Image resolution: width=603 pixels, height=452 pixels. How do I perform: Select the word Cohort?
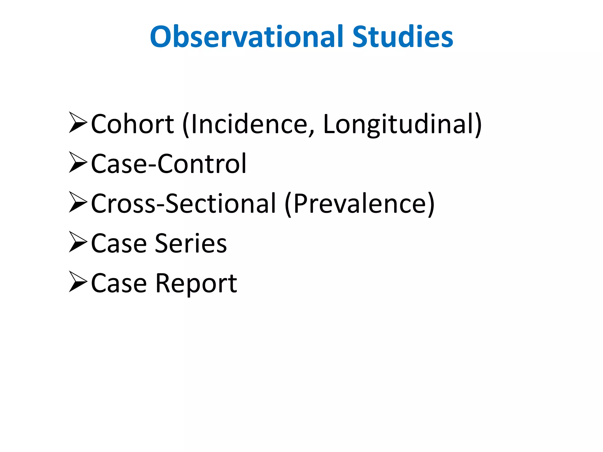coord(132,124)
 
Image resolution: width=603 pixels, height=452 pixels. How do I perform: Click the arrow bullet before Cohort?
coord(78,122)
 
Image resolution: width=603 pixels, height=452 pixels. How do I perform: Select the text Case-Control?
coord(168,164)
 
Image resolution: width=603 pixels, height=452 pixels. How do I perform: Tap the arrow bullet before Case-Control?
coord(78,162)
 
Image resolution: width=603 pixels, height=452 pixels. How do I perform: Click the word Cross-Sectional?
coord(183,204)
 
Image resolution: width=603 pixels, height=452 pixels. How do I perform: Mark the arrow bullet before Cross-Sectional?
coord(78,202)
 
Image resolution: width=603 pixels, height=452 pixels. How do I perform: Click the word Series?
coord(191,243)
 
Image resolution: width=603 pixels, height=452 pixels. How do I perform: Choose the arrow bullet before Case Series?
coord(78,242)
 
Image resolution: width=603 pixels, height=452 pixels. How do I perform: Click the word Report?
coord(196,283)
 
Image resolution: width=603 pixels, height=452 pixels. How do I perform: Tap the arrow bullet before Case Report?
coord(78,281)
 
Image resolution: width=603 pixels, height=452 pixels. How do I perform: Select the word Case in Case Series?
coord(119,243)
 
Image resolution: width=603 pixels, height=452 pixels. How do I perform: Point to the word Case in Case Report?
coord(119,283)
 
